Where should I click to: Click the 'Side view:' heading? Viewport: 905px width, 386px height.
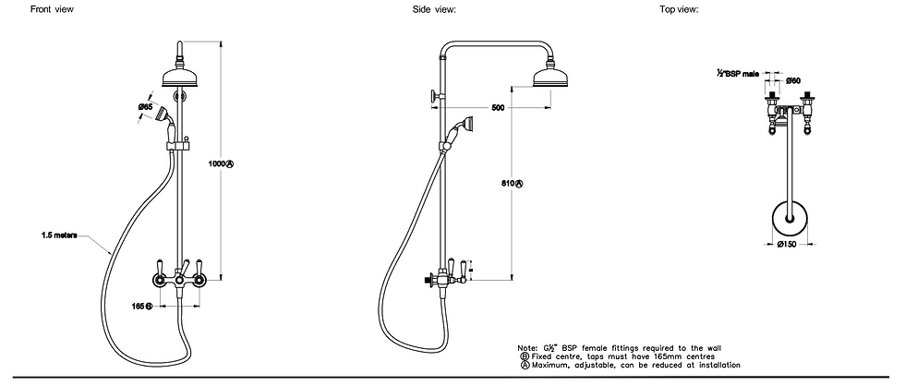(435, 9)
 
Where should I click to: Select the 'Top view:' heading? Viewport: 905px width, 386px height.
(679, 9)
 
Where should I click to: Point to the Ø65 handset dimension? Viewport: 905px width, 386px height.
(146, 108)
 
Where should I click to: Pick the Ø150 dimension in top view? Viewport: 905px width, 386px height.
(787, 245)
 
